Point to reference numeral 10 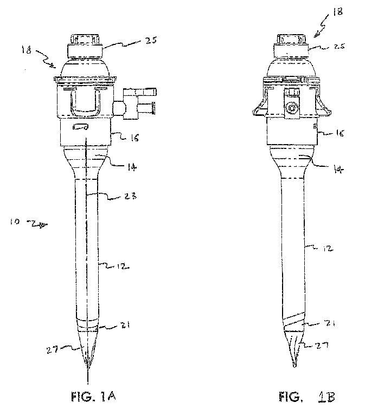(15, 221)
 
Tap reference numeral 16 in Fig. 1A (133, 139)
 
